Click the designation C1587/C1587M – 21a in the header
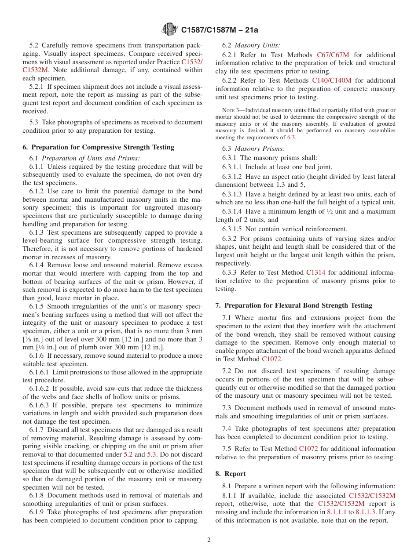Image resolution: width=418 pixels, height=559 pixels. pos(220,30)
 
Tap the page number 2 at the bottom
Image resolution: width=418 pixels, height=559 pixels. pos(209,540)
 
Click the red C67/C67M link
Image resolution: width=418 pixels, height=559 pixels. pos(333,55)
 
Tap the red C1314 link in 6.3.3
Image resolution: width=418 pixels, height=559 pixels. pos(316,272)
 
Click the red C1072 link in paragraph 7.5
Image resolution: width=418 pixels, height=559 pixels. pos(308,449)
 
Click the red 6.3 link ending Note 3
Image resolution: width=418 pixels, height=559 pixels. pos(292,138)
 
